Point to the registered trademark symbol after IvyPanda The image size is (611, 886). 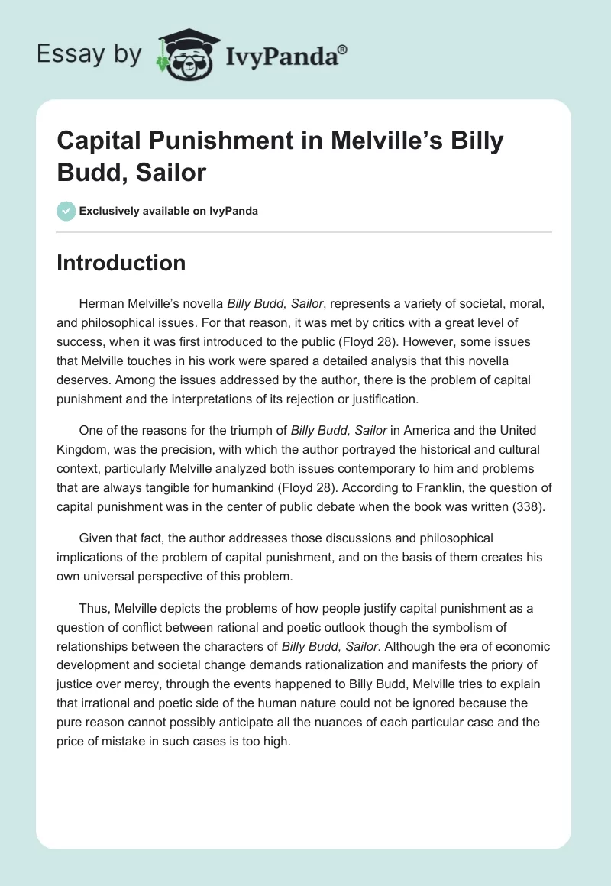pyautogui.click(x=343, y=50)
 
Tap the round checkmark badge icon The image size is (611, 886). pyautogui.click(x=66, y=211)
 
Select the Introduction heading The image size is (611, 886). pyautogui.click(x=121, y=263)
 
